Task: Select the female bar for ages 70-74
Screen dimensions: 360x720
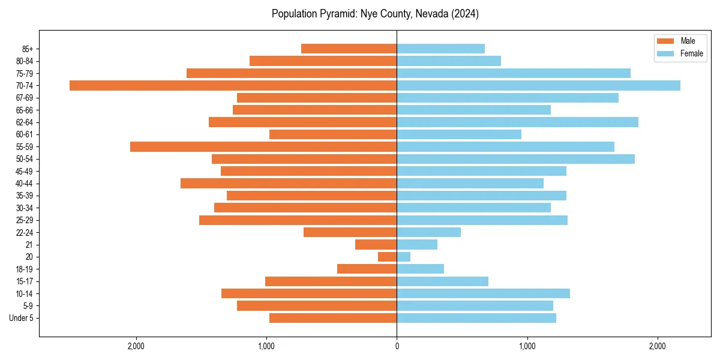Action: click(x=538, y=86)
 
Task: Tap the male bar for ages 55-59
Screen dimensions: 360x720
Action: click(x=263, y=147)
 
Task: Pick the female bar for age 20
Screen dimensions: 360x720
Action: click(x=404, y=257)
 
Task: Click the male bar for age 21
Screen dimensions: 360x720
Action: click(x=376, y=245)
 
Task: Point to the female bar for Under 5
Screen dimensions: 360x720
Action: click(x=476, y=318)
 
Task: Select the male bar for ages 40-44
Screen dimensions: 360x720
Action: click(x=289, y=184)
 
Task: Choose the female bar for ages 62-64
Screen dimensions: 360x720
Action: click(x=517, y=122)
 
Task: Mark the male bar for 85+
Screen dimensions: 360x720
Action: click(x=349, y=49)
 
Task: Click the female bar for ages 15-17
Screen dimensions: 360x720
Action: click(x=442, y=281)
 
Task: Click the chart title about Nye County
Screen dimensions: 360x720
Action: click(x=375, y=14)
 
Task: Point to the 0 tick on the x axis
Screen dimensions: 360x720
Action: click(x=397, y=346)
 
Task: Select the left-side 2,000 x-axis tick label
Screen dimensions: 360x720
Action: click(x=136, y=346)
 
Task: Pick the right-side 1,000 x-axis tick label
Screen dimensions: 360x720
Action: click(x=527, y=346)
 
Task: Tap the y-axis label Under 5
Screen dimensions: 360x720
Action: click(x=21, y=318)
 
